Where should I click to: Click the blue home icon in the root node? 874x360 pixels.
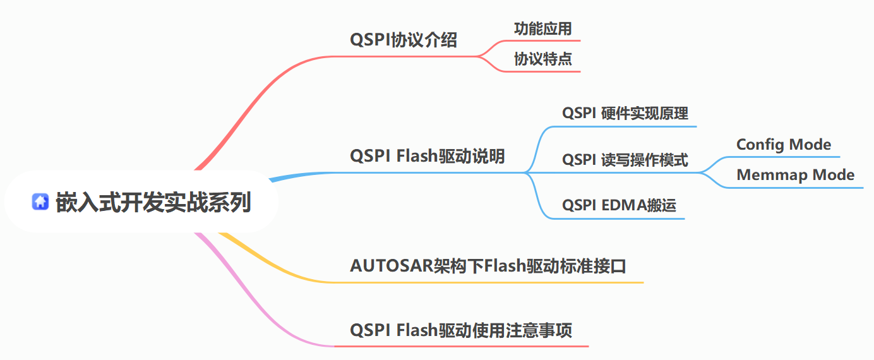coord(41,202)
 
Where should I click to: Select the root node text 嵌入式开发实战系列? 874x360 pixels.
coord(153,202)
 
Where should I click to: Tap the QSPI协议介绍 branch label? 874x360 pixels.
coord(404,40)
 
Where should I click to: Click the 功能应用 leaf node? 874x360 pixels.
coord(543,28)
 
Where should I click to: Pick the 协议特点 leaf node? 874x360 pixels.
coord(543,59)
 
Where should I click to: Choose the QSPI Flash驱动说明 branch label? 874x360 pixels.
coord(428,156)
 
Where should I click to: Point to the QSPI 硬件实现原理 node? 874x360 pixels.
coord(625,114)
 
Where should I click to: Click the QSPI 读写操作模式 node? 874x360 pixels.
coord(625,160)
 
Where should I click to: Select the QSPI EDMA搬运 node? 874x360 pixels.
coord(619,206)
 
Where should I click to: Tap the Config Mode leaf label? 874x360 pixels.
coord(784,145)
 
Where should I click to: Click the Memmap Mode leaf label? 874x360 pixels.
coord(796,175)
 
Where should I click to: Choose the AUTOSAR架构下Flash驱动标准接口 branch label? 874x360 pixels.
coord(488,266)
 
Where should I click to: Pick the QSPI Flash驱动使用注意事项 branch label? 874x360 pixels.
coord(461,330)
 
